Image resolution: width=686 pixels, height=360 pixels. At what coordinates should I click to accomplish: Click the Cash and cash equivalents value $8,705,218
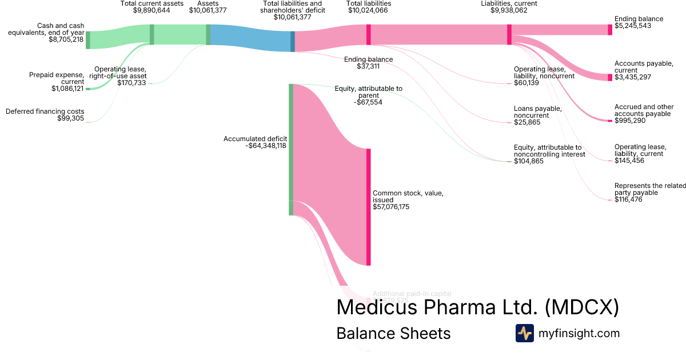tap(66, 39)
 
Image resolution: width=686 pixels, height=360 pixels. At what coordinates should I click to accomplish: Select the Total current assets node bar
tap(151, 34)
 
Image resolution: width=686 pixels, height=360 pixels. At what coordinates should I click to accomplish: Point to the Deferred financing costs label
tap(45, 111)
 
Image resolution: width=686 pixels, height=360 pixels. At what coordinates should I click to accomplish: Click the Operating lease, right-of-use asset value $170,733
tap(131, 83)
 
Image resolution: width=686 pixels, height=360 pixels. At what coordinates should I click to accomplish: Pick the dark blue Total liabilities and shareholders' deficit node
tap(293, 41)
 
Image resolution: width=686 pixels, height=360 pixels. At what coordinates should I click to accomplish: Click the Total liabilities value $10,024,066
tap(369, 10)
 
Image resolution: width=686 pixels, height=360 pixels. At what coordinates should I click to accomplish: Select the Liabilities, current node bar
tap(509, 34)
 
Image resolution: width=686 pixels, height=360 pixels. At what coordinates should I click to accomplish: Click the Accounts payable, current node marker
tap(610, 77)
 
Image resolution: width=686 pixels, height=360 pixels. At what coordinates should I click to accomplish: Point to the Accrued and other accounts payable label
tap(643, 110)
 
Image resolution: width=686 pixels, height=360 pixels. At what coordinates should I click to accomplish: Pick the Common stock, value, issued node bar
tap(369, 207)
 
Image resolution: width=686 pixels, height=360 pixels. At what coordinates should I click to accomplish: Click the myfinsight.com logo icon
tap(524, 333)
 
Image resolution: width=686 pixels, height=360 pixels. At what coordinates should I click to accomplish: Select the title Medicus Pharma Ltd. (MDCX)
tap(477, 307)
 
